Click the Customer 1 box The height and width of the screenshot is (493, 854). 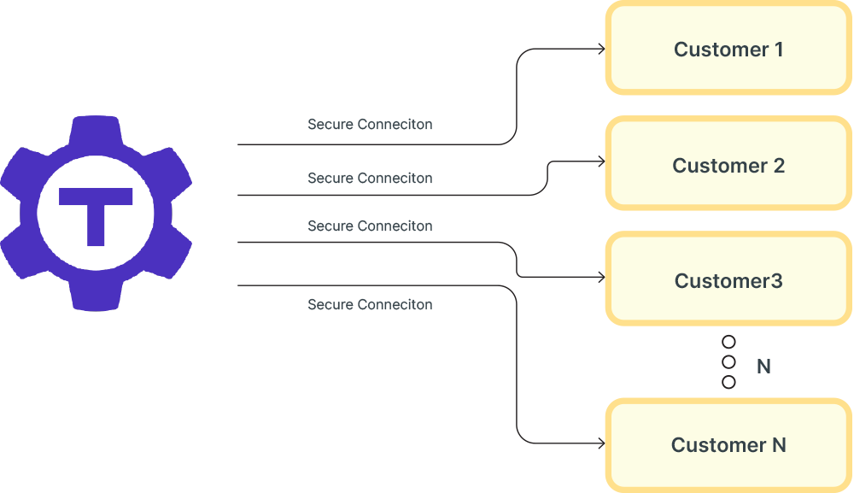tap(728, 49)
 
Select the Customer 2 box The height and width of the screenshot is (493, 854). tap(728, 165)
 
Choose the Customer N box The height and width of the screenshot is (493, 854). tap(728, 445)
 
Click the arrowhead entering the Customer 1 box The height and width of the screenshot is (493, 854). tap(602, 49)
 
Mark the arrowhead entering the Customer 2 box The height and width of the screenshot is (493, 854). tap(602, 161)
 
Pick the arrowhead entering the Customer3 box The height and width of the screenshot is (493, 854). tap(602, 278)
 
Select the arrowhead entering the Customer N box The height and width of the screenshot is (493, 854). tap(602, 443)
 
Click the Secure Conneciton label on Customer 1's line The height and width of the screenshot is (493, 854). tap(370, 125)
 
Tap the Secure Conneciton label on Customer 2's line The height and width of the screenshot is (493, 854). tap(370, 179)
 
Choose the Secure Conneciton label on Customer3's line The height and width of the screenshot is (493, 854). tap(370, 226)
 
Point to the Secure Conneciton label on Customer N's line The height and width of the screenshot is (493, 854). tap(370, 305)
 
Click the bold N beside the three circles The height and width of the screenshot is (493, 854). tap(763, 367)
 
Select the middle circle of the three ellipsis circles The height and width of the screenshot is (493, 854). tap(728, 362)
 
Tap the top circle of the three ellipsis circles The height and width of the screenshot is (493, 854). tap(728, 342)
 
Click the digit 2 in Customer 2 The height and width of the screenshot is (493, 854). tap(778, 165)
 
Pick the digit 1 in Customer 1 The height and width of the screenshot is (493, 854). tap(778, 49)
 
